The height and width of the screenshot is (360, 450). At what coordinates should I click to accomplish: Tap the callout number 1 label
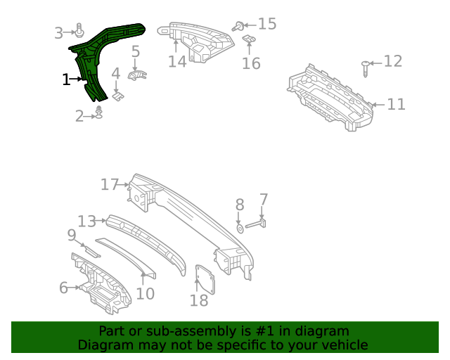pyautogui.click(x=66, y=80)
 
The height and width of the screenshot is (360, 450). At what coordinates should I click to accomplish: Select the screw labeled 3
pyautogui.click(x=80, y=32)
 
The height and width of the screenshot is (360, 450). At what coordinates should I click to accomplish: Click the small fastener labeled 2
pyautogui.click(x=99, y=113)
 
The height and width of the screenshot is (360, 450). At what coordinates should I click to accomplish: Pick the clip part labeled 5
pyautogui.click(x=139, y=75)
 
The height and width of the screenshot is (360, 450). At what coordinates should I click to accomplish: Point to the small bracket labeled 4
pyautogui.click(x=118, y=92)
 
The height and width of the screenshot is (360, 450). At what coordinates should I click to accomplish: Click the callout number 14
pyautogui.click(x=177, y=61)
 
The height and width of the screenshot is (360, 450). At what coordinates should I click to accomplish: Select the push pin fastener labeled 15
pyautogui.click(x=239, y=27)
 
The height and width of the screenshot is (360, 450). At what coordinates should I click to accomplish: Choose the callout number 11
pyautogui.click(x=396, y=105)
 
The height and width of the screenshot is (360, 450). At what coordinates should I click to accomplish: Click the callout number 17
pyautogui.click(x=110, y=185)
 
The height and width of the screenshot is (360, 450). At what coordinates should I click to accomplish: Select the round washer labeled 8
pyautogui.click(x=239, y=228)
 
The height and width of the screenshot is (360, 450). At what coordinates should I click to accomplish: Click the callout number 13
pyautogui.click(x=86, y=221)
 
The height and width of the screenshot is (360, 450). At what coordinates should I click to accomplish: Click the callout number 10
pyautogui.click(x=145, y=293)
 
